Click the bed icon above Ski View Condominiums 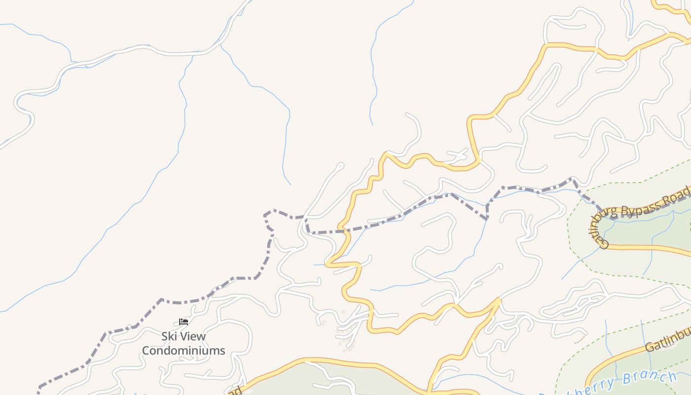pos(184,322)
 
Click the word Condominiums pos(184,351)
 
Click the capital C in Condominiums pos(146,351)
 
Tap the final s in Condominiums pos(222,351)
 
